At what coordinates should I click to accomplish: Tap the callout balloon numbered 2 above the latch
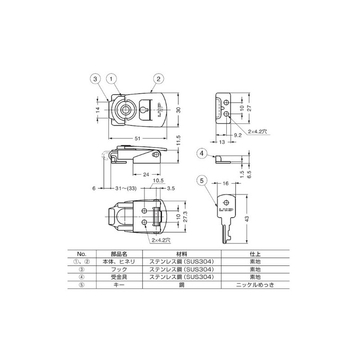click(158, 78)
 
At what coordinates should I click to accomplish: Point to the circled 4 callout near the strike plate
click(202, 153)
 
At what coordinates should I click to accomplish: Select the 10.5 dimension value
click(157, 181)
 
